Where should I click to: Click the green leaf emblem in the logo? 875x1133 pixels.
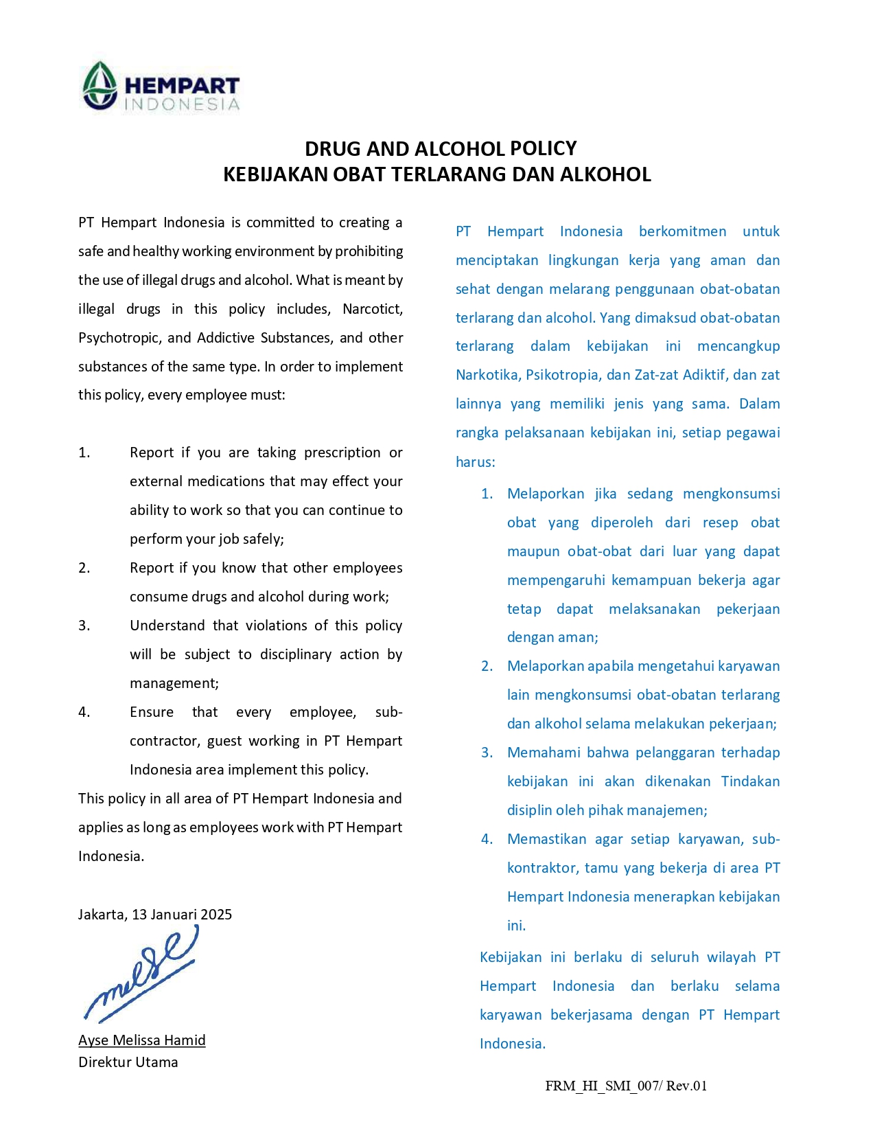click(100, 85)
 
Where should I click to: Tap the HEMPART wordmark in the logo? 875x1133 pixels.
click(182, 85)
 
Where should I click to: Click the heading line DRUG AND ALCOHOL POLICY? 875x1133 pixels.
click(441, 148)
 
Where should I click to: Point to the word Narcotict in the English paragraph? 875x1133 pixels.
click(373, 309)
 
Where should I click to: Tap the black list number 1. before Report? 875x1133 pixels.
click(84, 453)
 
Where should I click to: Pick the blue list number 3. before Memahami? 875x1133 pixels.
click(487, 753)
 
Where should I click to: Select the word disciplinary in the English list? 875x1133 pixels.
click(299, 654)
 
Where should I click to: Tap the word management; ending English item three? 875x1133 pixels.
click(174, 683)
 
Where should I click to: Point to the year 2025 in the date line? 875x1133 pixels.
click(216, 915)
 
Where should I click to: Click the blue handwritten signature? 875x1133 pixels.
click(141, 975)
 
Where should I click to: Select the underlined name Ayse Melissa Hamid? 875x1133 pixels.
click(142, 1040)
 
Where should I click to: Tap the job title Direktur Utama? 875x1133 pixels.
click(128, 1062)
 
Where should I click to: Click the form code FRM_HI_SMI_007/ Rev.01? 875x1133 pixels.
click(626, 1086)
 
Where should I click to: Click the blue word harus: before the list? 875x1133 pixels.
click(475, 462)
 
